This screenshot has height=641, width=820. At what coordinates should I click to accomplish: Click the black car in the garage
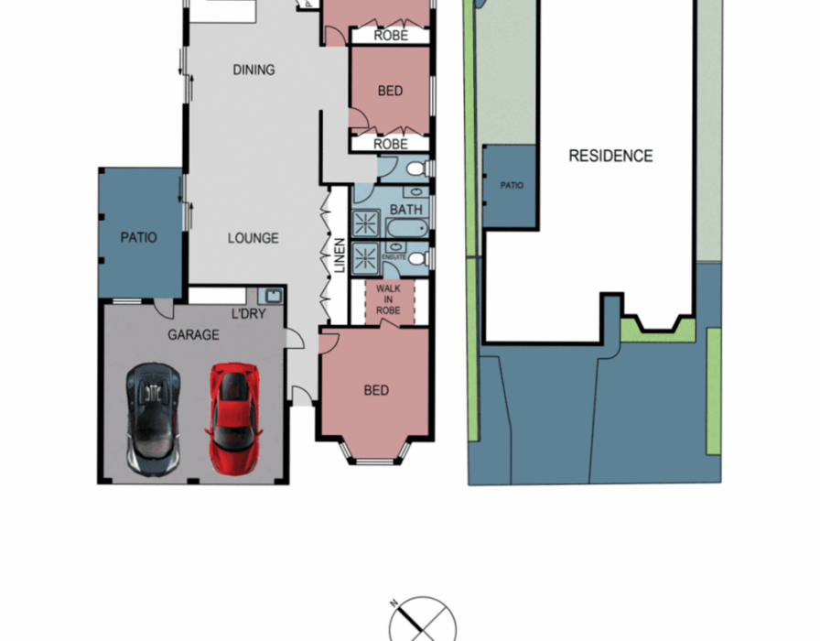(153, 419)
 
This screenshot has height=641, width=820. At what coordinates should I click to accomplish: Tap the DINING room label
(254, 70)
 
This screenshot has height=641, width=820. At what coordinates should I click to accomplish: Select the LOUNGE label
(254, 238)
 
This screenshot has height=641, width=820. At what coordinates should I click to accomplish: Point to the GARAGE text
(193, 335)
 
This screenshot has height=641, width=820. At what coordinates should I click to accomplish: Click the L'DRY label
(249, 314)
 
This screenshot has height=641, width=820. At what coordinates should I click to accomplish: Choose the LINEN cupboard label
(340, 255)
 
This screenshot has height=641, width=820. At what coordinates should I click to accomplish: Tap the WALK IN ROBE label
(388, 299)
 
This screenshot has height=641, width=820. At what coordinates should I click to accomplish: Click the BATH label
(405, 210)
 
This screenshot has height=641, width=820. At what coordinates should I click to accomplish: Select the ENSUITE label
(394, 257)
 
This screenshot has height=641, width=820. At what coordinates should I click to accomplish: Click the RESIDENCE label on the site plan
(610, 156)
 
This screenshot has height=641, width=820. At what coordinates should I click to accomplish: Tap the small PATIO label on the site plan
(512, 185)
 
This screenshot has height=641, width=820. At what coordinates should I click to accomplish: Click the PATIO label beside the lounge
(138, 237)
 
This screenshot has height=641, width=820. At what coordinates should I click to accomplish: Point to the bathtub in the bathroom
(407, 228)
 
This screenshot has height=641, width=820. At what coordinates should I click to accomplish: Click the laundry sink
(274, 296)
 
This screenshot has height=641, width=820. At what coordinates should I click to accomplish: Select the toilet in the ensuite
(417, 258)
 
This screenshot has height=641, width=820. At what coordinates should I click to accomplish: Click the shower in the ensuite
(365, 258)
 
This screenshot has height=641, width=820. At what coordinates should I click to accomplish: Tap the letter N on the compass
(394, 603)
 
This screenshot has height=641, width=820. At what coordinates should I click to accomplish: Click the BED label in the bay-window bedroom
(376, 390)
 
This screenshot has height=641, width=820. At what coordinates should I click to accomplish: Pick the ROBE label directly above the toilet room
(391, 144)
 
